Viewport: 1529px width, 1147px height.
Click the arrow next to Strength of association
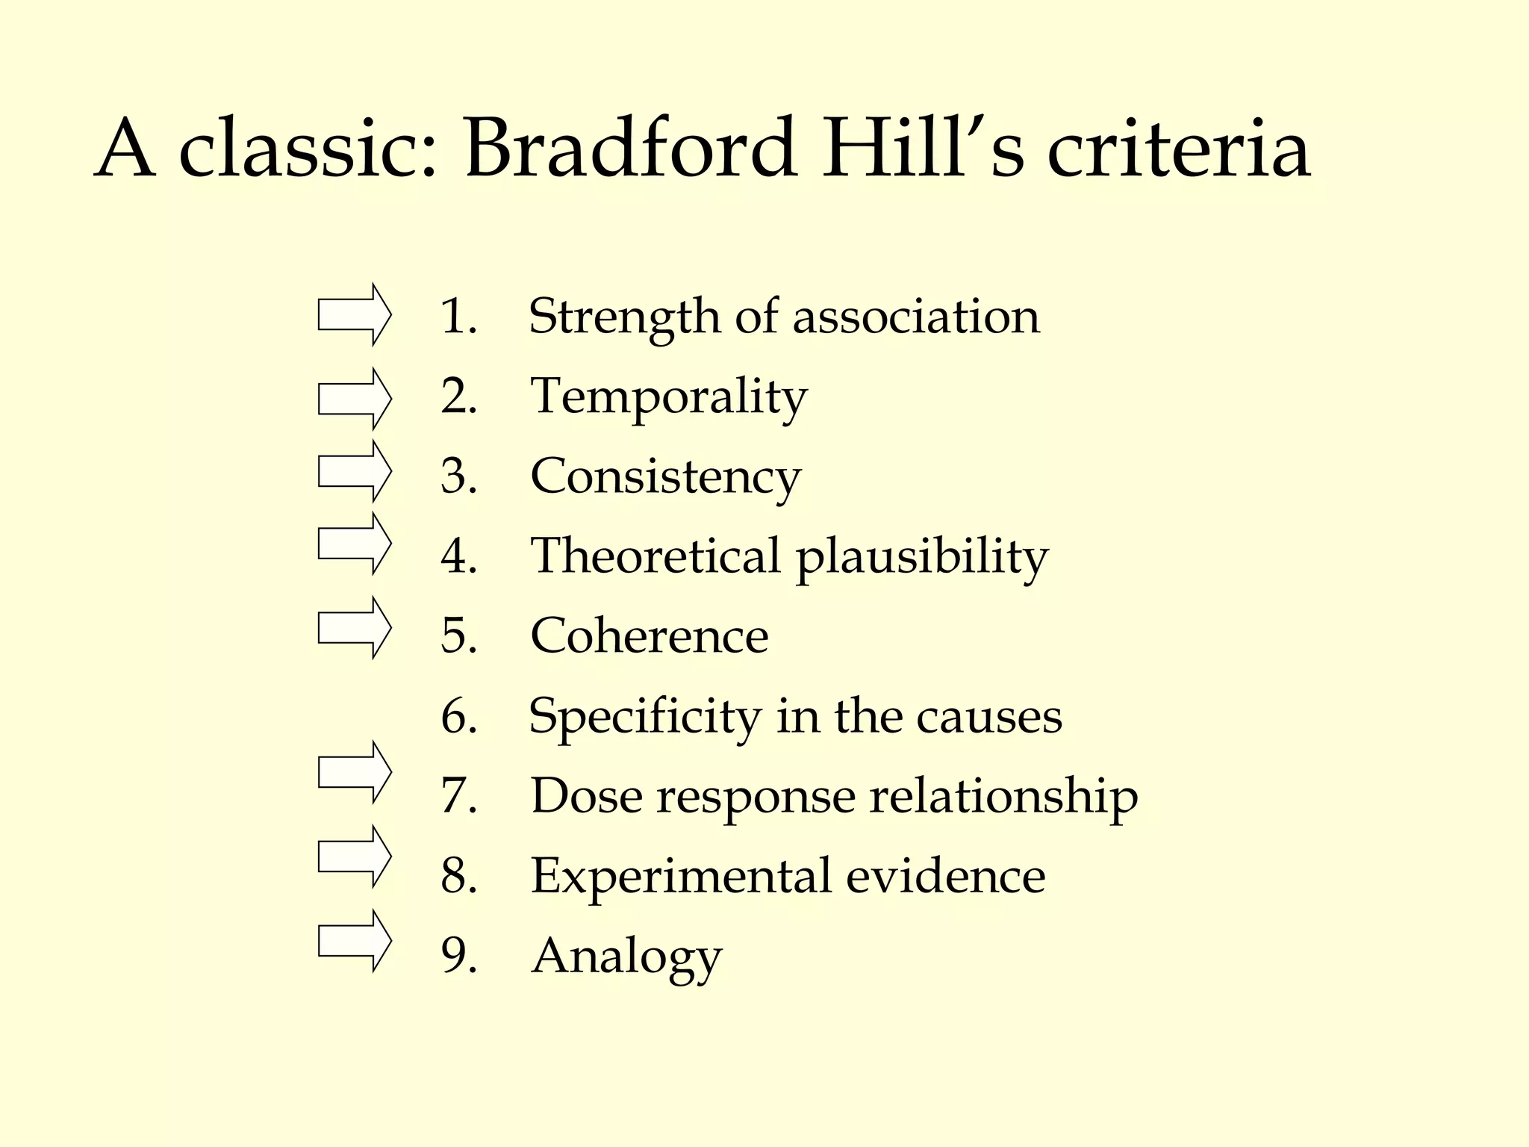coord(354,314)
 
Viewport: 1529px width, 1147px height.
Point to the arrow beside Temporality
coord(354,399)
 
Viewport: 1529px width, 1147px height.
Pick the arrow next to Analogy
coord(354,941)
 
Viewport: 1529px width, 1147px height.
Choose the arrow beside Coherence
coord(354,627)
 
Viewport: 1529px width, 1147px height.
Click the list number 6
coord(458,715)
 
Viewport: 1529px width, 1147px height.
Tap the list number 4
coord(458,556)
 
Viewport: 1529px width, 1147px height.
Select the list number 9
coord(458,955)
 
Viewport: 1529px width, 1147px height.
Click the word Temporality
coord(668,397)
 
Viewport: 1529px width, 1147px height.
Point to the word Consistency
coord(665,477)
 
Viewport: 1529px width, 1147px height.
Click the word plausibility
coord(921,558)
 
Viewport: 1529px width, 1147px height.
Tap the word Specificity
coord(644,717)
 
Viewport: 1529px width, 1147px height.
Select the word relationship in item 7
coord(1003,796)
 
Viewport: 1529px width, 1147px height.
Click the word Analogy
coord(626,957)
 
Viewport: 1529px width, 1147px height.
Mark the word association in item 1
coord(915,317)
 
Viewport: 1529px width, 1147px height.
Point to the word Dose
coord(586,796)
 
